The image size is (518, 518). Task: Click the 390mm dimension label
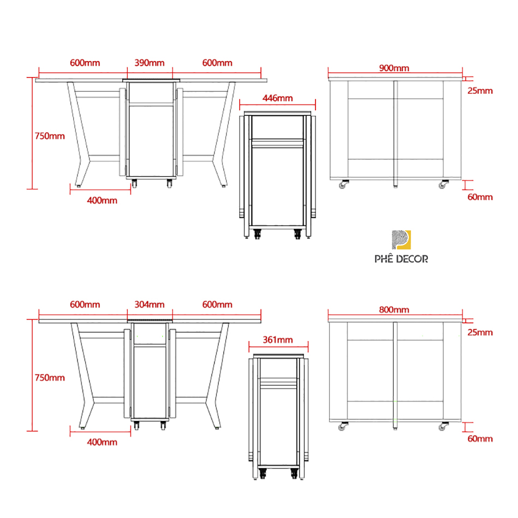pyautogui.click(x=150, y=63)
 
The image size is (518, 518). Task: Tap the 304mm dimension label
pyautogui.click(x=150, y=304)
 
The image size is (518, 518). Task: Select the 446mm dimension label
pyautogui.click(x=277, y=98)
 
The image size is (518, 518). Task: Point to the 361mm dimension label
pyautogui.click(x=277, y=340)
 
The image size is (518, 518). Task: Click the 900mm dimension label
pyautogui.click(x=394, y=68)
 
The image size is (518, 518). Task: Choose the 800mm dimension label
pyautogui.click(x=394, y=309)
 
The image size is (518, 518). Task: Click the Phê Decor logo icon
pyautogui.click(x=401, y=240)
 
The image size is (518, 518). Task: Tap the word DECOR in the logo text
pyautogui.click(x=412, y=259)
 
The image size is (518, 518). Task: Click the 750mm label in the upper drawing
pyautogui.click(x=50, y=136)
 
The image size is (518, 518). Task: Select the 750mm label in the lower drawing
pyautogui.click(x=50, y=378)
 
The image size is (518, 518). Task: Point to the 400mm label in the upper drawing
pyautogui.click(x=102, y=200)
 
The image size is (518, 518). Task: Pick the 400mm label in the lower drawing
pyautogui.click(x=102, y=442)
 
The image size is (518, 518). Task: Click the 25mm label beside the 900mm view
pyautogui.click(x=480, y=91)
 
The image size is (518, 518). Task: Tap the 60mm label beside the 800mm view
pyautogui.click(x=480, y=439)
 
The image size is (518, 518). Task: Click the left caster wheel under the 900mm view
pyautogui.click(x=343, y=184)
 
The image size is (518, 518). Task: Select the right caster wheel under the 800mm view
pyautogui.click(x=443, y=426)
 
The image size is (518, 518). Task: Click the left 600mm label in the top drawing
pyautogui.click(x=85, y=63)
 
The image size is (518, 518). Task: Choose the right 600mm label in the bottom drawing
pyautogui.click(x=217, y=304)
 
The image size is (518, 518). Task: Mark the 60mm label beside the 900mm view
pyautogui.click(x=480, y=197)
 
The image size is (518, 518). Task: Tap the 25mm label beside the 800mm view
pyautogui.click(x=480, y=332)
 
